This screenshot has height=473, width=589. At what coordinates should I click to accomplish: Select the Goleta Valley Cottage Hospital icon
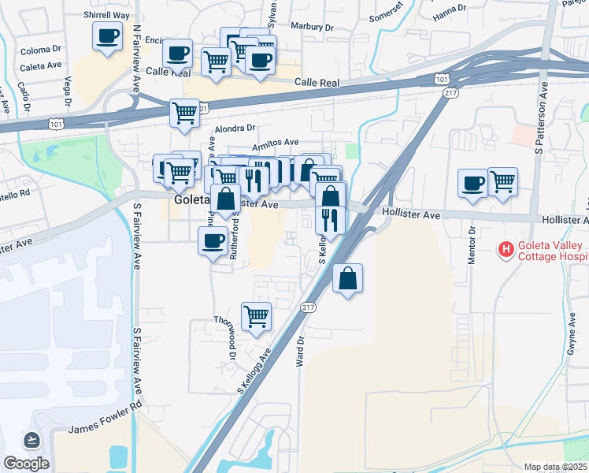[506, 251]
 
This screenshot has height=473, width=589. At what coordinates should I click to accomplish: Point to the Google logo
[26, 464]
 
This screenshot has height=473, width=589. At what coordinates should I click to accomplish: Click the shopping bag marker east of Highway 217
[347, 279]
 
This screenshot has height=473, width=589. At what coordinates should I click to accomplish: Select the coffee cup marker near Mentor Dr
[472, 183]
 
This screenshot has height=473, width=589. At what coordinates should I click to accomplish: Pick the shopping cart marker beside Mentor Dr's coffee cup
[502, 182]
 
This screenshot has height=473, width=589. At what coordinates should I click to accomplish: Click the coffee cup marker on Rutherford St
[212, 241]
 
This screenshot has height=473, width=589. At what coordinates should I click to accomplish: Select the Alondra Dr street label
[235, 128]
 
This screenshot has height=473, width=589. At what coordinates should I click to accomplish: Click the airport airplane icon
[31, 439]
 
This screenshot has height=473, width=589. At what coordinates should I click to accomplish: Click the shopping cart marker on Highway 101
[184, 113]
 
